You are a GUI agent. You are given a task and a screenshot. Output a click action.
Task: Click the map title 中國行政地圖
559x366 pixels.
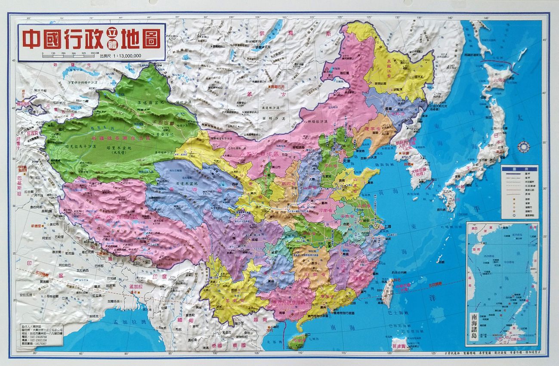pyautogui.click(x=91, y=38)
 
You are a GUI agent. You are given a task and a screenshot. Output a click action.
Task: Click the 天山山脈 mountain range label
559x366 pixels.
pyautogui.click(x=148, y=123)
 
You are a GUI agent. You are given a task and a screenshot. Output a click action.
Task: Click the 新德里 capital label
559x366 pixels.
pyautogui.click(x=38, y=226)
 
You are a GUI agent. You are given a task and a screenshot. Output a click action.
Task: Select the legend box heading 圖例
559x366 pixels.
pyautogui.click(x=519, y=169)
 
